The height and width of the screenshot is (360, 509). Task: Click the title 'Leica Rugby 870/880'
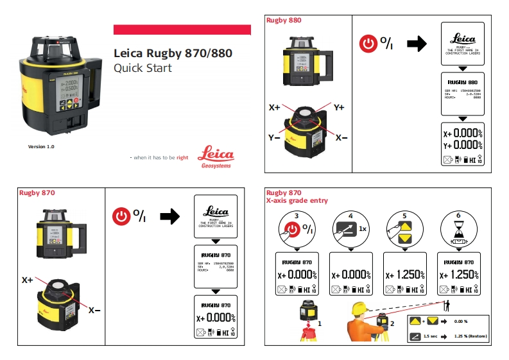click(x=173, y=54)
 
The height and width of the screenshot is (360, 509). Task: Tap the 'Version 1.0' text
click(x=41, y=147)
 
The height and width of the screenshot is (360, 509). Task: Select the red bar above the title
click(x=182, y=30)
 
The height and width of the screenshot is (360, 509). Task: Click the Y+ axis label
click(x=338, y=107)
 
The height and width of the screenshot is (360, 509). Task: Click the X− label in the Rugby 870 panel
click(x=94, y=311)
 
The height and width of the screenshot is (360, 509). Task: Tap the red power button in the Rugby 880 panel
click(x=368, y=44)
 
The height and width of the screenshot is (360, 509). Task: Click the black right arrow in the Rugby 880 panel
click(x=417, y=44)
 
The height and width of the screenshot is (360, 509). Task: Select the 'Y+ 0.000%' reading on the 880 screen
click(x=462, y=145)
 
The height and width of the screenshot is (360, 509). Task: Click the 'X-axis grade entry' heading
click(x=297, y=201)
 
